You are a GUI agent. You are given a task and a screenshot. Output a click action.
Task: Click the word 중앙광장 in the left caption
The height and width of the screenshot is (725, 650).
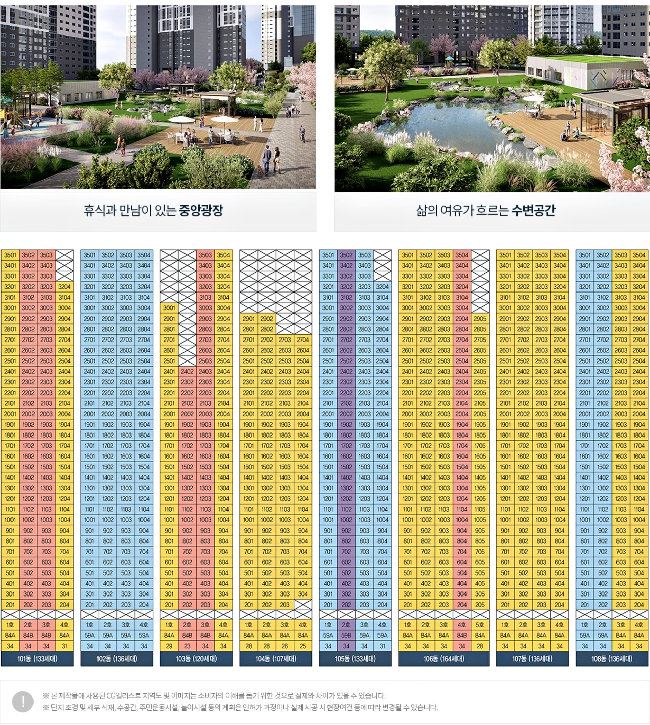(x=201, y=210)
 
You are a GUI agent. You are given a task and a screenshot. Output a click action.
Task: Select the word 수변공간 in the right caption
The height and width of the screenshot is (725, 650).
(x=533, y=210)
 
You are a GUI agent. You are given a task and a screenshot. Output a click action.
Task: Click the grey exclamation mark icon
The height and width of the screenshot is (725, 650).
(x=23, y=701)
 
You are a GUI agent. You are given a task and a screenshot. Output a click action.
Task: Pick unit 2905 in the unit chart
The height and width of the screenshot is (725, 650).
(x=480, y=319)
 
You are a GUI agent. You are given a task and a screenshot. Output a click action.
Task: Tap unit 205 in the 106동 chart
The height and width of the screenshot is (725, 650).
(x=480, y=605)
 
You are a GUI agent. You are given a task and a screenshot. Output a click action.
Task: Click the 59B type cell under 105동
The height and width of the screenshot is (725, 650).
(x=346, y=635)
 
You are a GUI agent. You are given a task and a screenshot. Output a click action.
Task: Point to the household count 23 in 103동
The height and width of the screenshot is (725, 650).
(x=187, y=646)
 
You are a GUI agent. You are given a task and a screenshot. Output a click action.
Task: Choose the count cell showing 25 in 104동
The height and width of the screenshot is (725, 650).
(x=303, y=646)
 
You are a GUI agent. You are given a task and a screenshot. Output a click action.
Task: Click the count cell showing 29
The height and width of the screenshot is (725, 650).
(x=169, y=646)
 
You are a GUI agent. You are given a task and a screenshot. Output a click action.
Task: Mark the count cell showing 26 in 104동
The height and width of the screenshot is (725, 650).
(x=285, y=646)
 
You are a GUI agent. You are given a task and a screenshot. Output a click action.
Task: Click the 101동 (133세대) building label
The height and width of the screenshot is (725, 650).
(x=37, y=659)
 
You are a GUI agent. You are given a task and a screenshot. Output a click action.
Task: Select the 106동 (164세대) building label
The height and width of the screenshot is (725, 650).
(x=443, y=659)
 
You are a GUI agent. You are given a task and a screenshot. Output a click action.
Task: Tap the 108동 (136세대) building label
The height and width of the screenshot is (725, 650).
(x=612, y=659)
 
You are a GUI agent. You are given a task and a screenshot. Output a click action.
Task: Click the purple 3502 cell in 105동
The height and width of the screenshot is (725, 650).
(x=346, y=255)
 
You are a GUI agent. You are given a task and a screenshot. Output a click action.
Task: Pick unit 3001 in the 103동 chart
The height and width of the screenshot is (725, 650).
(x=169, y=308)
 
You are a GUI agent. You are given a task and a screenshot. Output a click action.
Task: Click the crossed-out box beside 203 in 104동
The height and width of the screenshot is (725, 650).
(x=303, y=605)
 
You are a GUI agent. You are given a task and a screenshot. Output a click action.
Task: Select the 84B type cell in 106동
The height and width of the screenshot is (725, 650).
(x=462, y=635)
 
